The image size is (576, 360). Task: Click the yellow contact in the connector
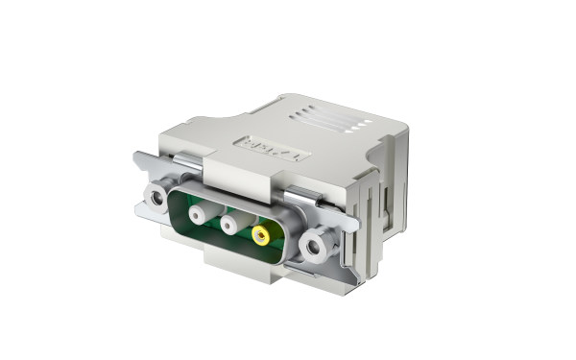tap(260, 234)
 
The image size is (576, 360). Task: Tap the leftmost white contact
tap(198, 213)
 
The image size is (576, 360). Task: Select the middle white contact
tap(230, 224)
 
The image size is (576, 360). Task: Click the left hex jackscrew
tap(156, 199)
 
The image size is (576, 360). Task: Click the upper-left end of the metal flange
tap(140, 158)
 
